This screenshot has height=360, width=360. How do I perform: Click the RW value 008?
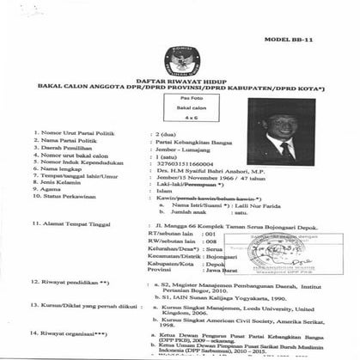tap(205, 241)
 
